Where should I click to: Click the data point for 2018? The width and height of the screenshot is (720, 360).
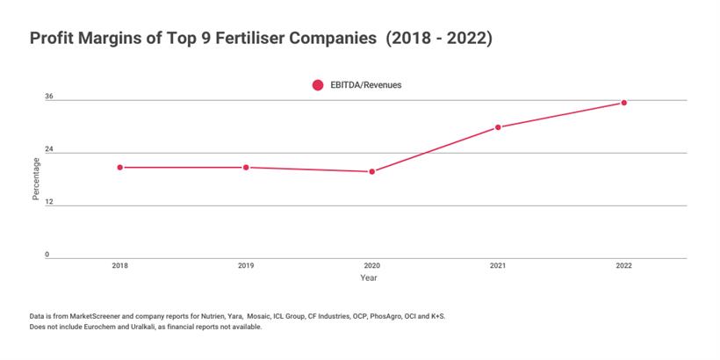(x=119, y=167)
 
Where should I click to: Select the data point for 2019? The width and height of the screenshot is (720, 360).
(x=246, y=167)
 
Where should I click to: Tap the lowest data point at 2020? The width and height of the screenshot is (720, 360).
(x=371, y=171)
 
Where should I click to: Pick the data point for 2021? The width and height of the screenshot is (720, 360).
(x=498, y=127)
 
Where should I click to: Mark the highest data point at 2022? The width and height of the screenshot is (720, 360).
(x=623, y=103)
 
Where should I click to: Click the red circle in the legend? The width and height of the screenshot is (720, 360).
(x=317, y=85)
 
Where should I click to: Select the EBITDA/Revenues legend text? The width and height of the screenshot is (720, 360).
(x=366, y=85)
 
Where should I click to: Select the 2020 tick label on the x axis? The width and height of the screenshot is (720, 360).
(x=371, y=265)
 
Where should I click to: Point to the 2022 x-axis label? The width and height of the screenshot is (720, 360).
(x=623, y=265)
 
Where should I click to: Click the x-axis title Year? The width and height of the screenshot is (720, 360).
(x=369, y=277)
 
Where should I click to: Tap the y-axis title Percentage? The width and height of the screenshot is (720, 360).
(x=36, y=178)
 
